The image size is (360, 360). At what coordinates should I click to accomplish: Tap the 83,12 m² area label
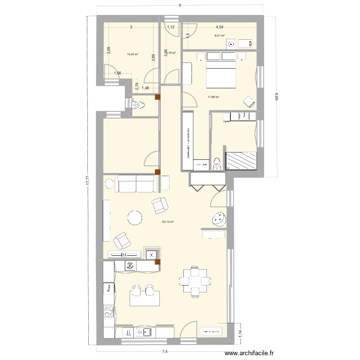click(x=168, y=222)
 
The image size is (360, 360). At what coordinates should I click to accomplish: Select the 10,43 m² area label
click(x=132, y=54)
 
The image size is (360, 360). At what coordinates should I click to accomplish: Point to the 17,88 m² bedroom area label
click(x=213, y=97)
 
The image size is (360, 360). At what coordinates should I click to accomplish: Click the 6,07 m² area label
click(x=219, y=35)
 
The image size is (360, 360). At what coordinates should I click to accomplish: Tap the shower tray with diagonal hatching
click(x=241, y=160)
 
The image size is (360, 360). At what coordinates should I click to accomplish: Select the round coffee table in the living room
click(x=135, y=218)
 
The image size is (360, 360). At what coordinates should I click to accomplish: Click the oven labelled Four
click(x=109, y=288)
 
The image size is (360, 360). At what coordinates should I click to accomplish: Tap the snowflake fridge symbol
click(x=129, y=265)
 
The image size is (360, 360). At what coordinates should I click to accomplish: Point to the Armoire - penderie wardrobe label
click(x=187, y=143)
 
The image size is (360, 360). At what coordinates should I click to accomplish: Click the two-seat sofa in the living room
click(x=136, y=183)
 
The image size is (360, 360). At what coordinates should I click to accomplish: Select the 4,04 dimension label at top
click(x=219, y=28)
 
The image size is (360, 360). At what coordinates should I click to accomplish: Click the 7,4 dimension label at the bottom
click(x=165, y=352)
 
